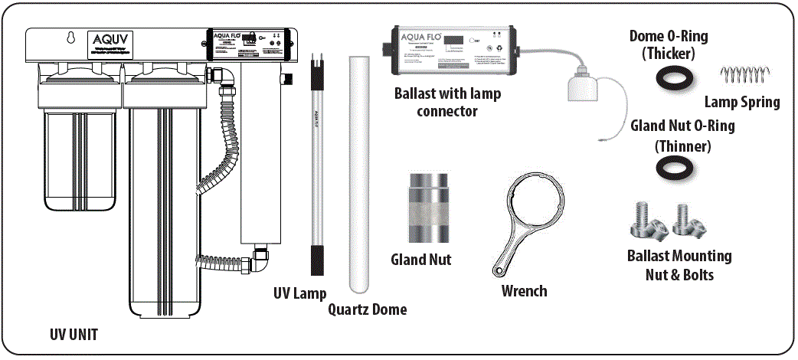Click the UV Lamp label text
click(299, 294)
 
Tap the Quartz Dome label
click(368, 309)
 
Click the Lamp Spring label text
click(742, 102)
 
